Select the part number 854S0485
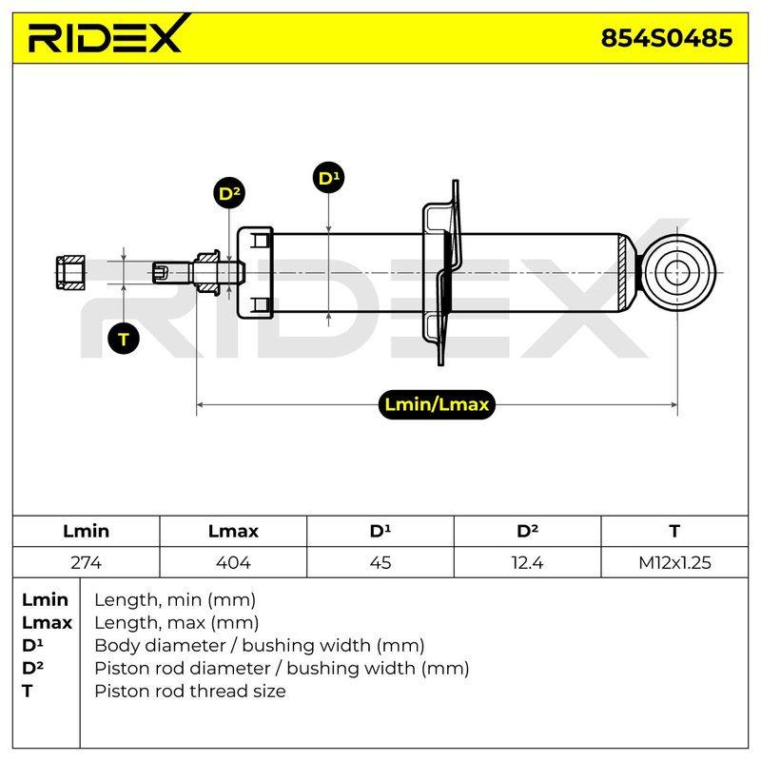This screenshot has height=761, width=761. (x=667, y=38)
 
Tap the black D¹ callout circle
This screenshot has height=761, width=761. (x=328, y=178)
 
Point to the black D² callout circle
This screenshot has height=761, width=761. (x=229, y=193)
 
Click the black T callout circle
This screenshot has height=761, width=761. (x=124, y=339)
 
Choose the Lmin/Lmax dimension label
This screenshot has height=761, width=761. (x=437, y=404)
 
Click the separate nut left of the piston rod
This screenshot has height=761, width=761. (x=70, y=273)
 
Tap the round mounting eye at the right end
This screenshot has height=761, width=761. (x=677, y=273)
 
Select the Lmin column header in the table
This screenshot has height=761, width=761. (x=86, y=531)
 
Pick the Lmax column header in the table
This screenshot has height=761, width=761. (x=233, y=531)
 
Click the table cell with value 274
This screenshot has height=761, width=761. (x=86, y=562)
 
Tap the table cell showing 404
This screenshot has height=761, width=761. (x=233, y=562)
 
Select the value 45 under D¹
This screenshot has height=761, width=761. (x=380, y=562)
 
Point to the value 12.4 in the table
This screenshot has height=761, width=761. (x=527, y=562)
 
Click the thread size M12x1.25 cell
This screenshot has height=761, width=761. (x=674, y=562)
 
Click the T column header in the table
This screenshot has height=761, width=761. (x=674, y=531)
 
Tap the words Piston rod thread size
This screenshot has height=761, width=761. (x=189, y=691)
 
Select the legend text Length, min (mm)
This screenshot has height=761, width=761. (x=175, y=600)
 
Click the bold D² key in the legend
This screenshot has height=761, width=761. (x=32, y=668)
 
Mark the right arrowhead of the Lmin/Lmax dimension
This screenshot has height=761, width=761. (x=673, y=404)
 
